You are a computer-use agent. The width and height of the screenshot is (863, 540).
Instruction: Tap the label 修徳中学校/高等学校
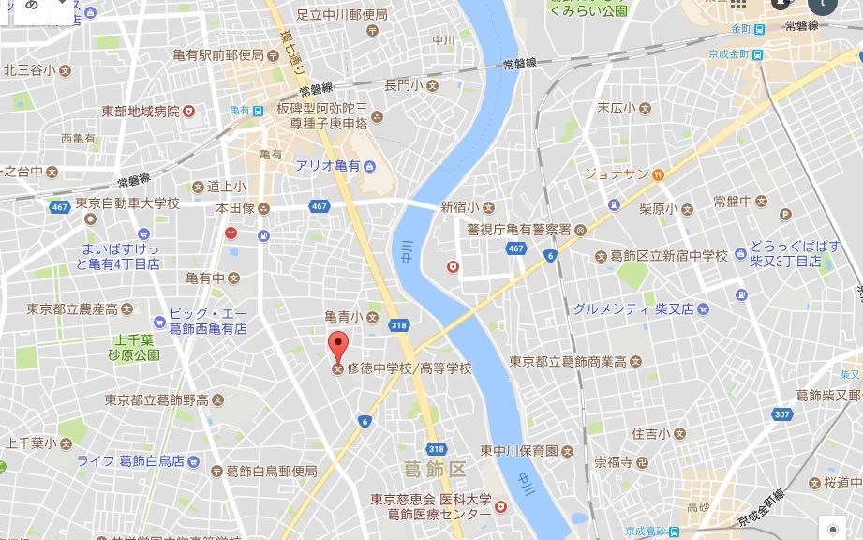pyautogui.click(x=409, y=368)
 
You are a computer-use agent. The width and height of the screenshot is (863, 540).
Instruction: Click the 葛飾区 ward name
pyautogui.click(x=434, y=468)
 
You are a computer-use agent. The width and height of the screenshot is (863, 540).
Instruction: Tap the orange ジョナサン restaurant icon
pyautogui.click(x=659, y=173)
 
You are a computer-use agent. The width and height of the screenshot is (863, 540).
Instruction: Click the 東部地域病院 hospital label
pyautogui.click(x=141, y=111)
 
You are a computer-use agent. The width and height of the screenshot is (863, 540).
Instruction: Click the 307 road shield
pyautogui.click(x=782, y=413)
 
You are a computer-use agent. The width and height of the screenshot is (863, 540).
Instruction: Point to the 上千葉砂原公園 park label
pyautogui.click(x=134, y=348)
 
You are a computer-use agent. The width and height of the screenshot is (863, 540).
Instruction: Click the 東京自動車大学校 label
pyautogui.click(x=127, y=203)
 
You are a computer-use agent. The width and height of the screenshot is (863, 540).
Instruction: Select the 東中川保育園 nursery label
pyautogui.click(x=520, y=451)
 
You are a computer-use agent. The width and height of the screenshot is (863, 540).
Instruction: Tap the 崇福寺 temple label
pyautogui.click(x=614, y=461)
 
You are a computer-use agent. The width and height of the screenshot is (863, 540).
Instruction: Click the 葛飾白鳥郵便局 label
pyautogui.click(x=271, y=472)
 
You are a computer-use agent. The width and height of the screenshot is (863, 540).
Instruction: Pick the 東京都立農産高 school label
pyautogui.click(x=72, y=309)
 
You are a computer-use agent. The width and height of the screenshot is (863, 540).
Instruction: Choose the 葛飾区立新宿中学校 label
pyautogui.click(x=668, y=256)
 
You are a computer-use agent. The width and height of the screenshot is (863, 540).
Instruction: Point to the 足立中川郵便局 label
pyautogui.click(x=342, y=14)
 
